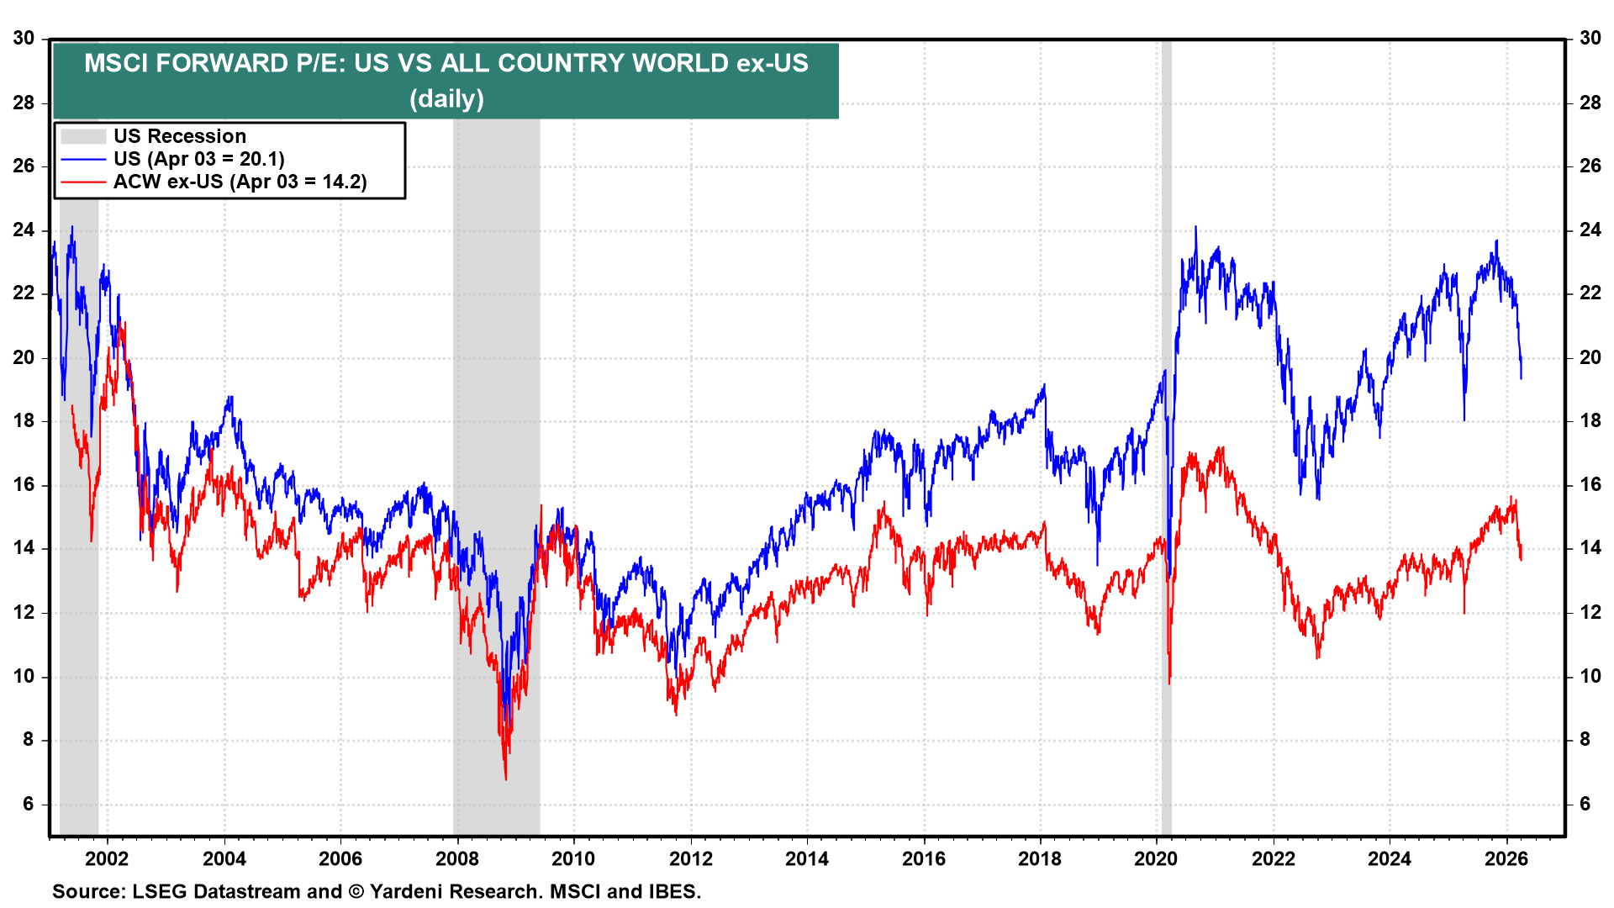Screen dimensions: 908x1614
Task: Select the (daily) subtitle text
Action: click(446, 99)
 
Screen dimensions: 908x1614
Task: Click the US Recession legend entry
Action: click(179, 136)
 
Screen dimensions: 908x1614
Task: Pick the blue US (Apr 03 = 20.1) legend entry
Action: click(198, 159)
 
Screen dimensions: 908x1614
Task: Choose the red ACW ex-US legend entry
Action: click(240, 182)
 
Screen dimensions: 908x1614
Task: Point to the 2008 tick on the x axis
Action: click(457, 858)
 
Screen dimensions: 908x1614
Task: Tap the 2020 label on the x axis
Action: click(1156, 858)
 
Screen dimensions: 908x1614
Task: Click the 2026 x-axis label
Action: click(1506, 858)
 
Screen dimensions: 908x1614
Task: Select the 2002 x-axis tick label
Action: click(108, 858)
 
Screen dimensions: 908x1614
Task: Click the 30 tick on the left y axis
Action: click(24, 39)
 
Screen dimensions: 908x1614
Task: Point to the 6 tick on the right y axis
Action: click(1585, 804)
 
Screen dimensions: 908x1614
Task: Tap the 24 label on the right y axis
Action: click(1590, 230)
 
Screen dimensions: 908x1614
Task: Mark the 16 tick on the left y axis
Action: click(24, 485)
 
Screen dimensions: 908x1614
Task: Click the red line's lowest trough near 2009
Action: click(506, 779)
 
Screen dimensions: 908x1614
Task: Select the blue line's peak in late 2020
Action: click(1195, 227)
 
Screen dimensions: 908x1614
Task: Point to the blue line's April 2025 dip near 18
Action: click(1464, 419)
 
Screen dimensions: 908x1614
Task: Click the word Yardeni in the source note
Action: click(407, 891)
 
